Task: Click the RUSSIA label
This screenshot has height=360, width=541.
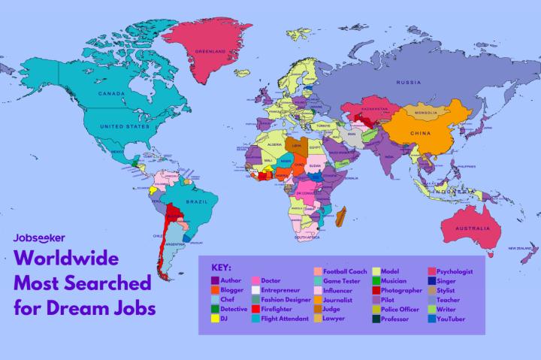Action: click(408, 81)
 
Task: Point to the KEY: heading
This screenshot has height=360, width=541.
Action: click(221, 267)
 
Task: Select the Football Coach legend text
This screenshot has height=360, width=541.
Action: click(346, 271)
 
